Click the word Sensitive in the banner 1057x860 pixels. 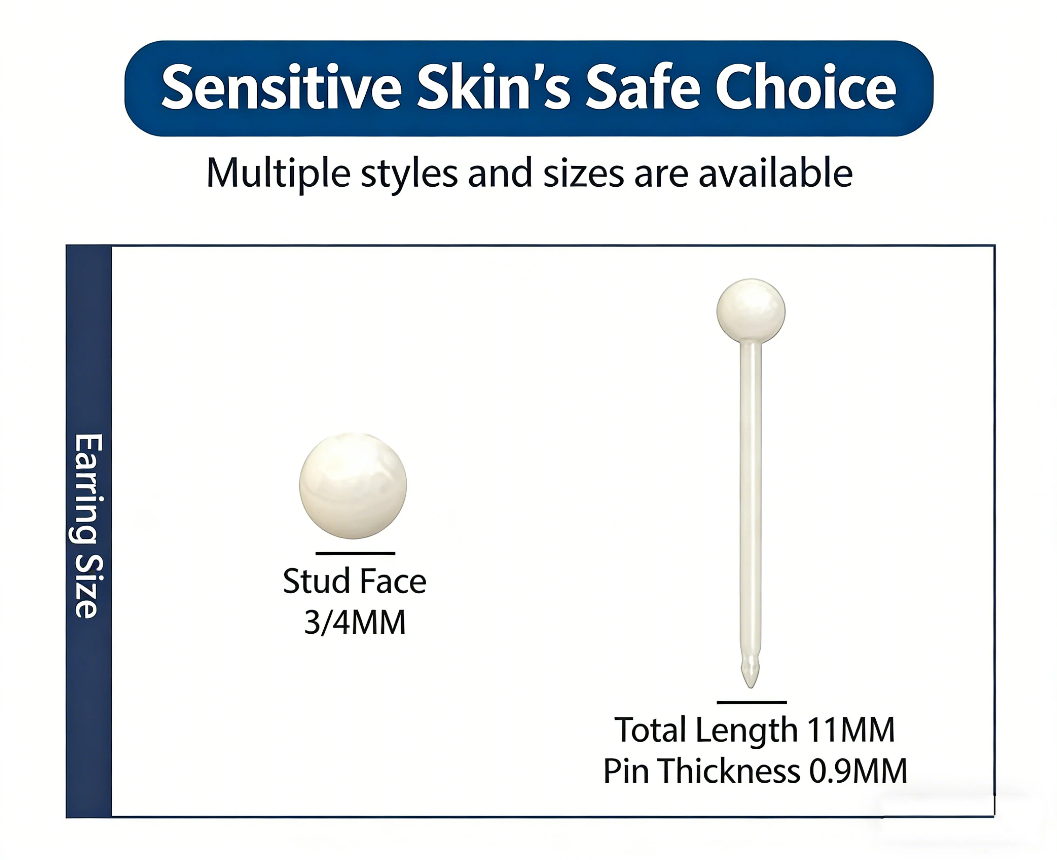pyautogui.click(x=281, y=88)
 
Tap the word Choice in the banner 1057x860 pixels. pyautogui.click(x=805, y=88)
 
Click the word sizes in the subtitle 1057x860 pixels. pyautogui.click(x=583, y=173)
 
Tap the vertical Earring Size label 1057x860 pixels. pyautogui.click(x=89, y=526)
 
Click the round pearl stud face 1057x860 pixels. pyautogui.click(x=353, y=486)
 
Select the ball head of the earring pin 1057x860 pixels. pyautogui.click(x=751, y=311)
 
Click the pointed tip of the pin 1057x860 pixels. pyautogui.click(x=751, y=687)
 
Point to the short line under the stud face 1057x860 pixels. pyautogui.click(x=355, y=553)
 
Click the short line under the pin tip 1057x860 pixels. pyautogui.click(x=752, y=703)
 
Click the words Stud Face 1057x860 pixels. pyautogui.click(x=355, y=581)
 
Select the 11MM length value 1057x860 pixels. pyautogui.click(x=851, y=730)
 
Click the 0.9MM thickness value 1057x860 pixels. pyautogui.click(x=858, y=772)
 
